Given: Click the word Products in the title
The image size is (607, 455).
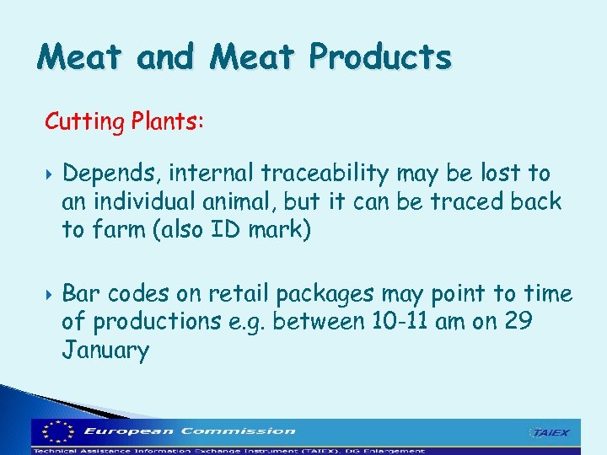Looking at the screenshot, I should (x=380, y=57).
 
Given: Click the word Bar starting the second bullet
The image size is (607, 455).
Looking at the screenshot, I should (x=80, y=294).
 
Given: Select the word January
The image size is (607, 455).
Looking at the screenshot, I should (x=105, y=350).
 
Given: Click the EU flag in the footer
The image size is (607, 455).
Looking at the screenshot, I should (x=56, y=432).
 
